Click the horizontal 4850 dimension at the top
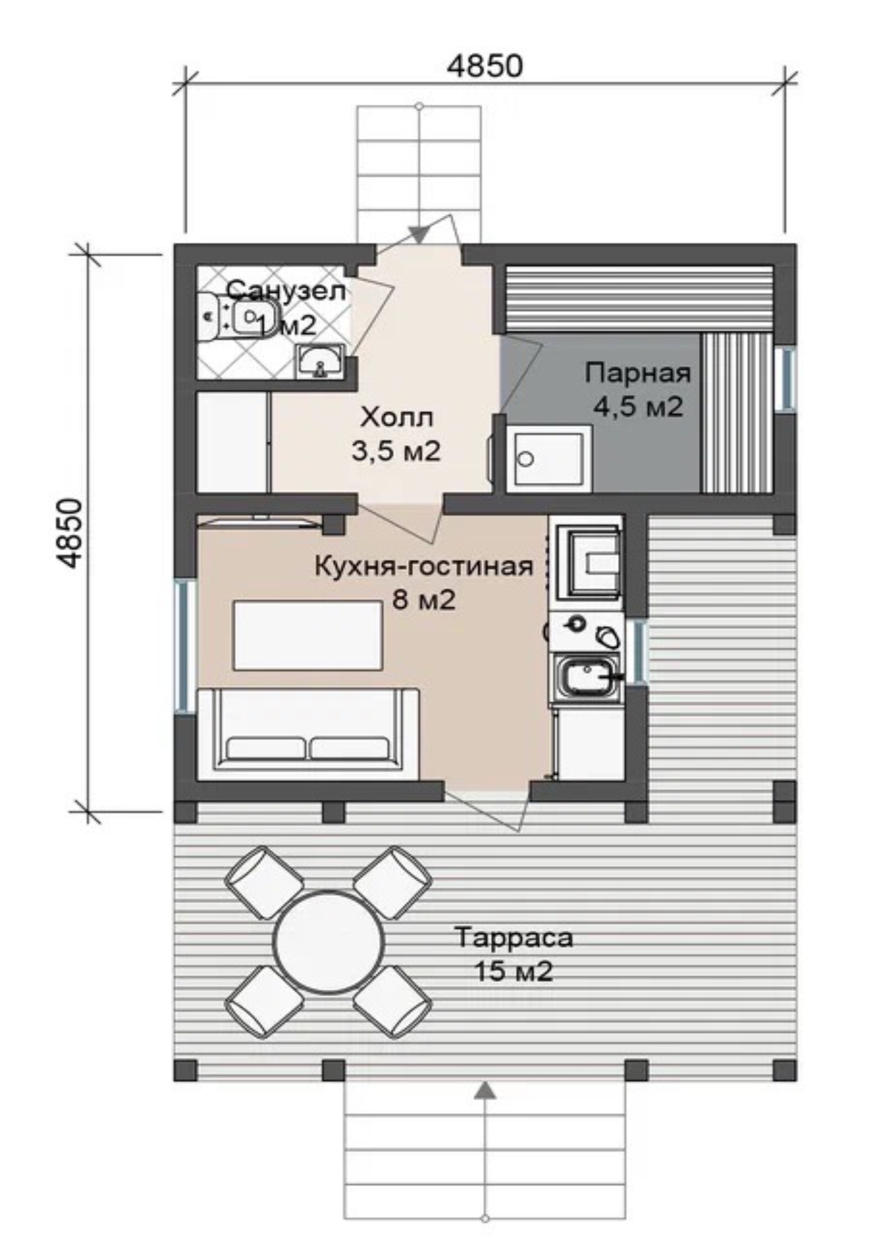tap(484, 66)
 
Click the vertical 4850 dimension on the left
tap(69, 533)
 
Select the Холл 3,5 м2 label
tap(396, 434)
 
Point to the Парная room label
tap(638, 372)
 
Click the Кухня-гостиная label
tap(424, 566)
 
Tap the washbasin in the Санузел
tap(320, 362)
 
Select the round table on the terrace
tap(328, 942)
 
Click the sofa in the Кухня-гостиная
tap(309, 734)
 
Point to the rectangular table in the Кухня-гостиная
tap(308, 635)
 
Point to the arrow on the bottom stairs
tap(486, 1090)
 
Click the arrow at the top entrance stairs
tap(419, 234)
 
